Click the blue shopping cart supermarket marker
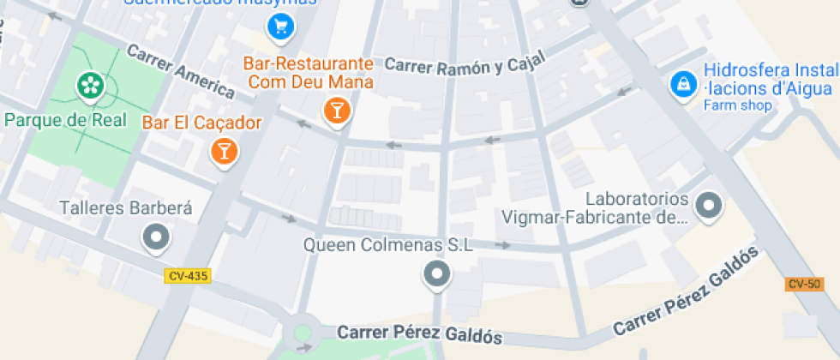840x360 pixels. click(x=279, y=27)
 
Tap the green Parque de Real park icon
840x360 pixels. click(x=89, y=84)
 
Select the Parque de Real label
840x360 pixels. click(x=65, y=119)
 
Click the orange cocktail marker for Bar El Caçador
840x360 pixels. click(x=224, y=152)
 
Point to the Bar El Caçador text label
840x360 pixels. click(x=201, y=123)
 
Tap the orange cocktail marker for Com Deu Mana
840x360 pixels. click(x=337, y=110)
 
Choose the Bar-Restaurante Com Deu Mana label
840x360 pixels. click(x=309, y=73)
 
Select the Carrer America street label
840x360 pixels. click(x=180, y=70)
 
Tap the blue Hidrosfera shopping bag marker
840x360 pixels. click(x=683, y=84)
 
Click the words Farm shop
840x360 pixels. click(x=737, y=106)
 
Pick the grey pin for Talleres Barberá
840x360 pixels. click(x=156, y=237)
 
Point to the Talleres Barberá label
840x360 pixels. click(x=126, y=208)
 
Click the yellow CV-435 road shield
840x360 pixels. click(x=188, y=276)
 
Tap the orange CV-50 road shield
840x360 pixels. click(x=804, y=284)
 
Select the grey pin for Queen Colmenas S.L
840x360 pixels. click(x=437, y=274)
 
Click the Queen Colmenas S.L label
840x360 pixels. click(x=388, y=245)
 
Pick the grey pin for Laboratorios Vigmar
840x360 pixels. click(x=708, y=205)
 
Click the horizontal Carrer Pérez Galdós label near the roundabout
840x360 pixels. click(x=419, y=334)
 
